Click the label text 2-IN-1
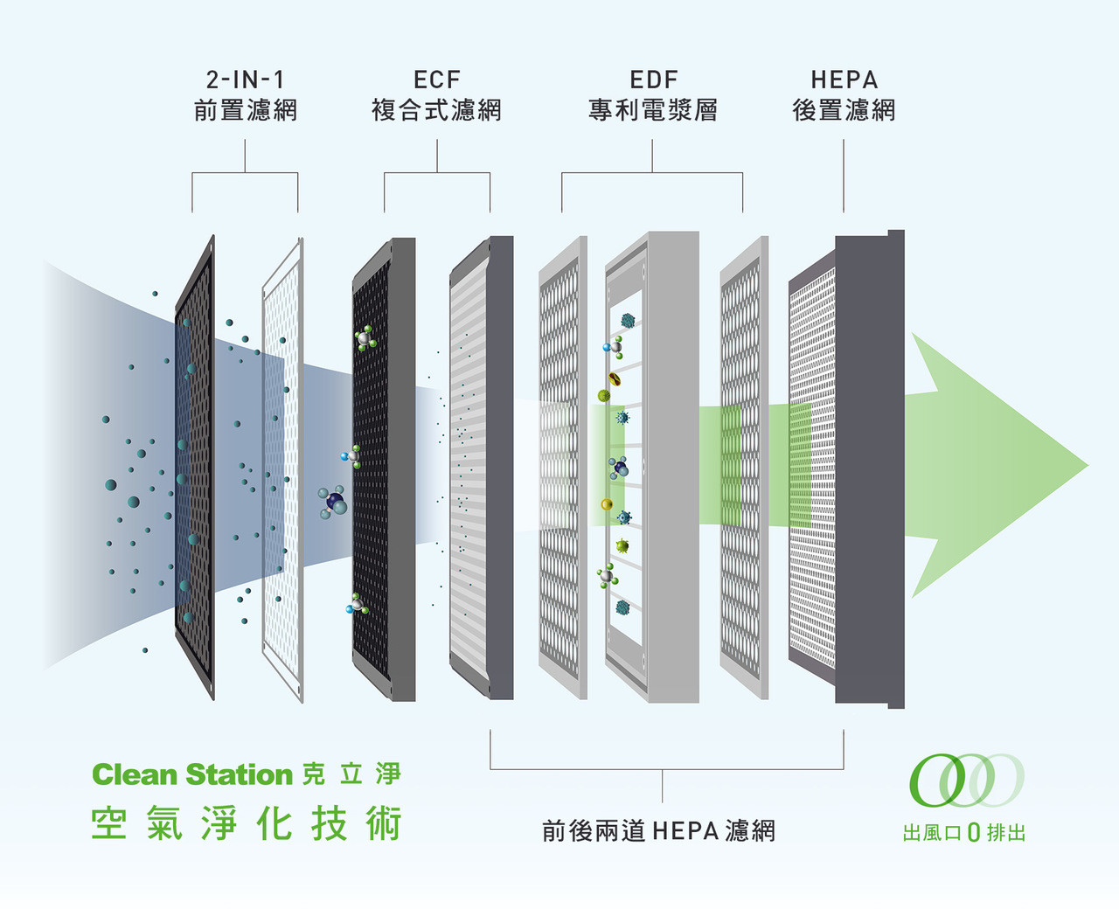coord(245,80)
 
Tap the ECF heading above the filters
coord(436,80)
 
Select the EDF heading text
coord(653,80)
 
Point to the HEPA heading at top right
coord(844,80)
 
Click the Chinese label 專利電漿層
coord(653,110)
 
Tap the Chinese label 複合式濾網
coord(436,110)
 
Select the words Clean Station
coord(192,774)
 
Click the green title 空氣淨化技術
coord(247,823)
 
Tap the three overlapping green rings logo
coord(966,780)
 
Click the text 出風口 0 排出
coord(964,833)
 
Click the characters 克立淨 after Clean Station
coord(351,774)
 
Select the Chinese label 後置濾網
coord(844,110)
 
